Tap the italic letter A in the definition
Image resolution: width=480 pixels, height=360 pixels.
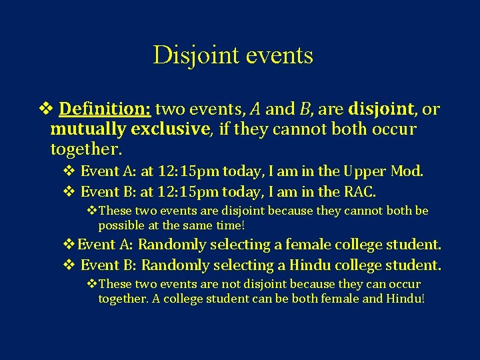point(255,109)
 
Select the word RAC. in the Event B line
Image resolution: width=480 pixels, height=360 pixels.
point(359,192)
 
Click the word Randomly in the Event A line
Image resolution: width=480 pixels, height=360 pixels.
point(170,245)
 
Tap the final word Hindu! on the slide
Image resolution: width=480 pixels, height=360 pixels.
point(405,298)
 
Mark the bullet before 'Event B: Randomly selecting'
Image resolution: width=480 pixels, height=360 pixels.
point(69,265)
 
